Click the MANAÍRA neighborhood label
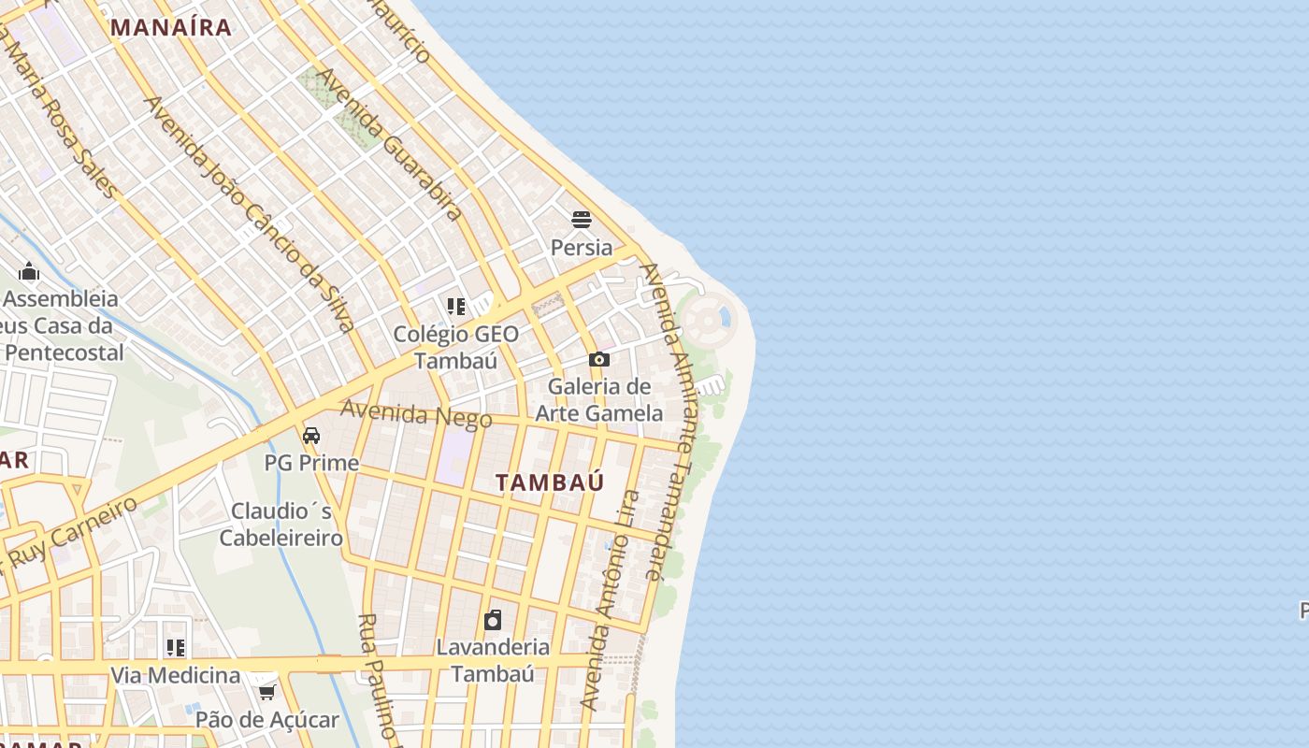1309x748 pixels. (x=171, y=27)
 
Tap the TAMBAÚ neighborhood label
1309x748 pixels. (x=550, y=482)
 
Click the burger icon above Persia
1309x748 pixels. (x=582, y=220)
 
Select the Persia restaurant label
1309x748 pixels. (x=582, y=248)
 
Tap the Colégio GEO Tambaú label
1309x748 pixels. (x=455, y=347)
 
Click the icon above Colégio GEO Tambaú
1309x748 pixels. (x=456, y=306)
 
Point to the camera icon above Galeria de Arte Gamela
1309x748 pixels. (x=599, y=359)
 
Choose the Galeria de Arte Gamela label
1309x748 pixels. (x=599, y=399)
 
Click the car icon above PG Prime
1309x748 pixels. (x=311, y=435)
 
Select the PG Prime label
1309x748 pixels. (x=311, y=463)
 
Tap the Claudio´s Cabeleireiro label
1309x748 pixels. (x=281, y=525)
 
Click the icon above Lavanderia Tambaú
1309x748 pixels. (x=493, y=619)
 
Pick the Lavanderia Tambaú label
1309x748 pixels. (x=493, y=660)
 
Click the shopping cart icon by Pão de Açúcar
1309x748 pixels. (x=267, y=692)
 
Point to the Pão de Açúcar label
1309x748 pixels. (x=267, y=720)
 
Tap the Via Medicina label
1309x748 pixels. (x=176, y=675)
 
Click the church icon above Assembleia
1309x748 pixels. (x=29, y=271)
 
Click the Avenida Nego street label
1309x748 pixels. (x=415, y=413)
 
